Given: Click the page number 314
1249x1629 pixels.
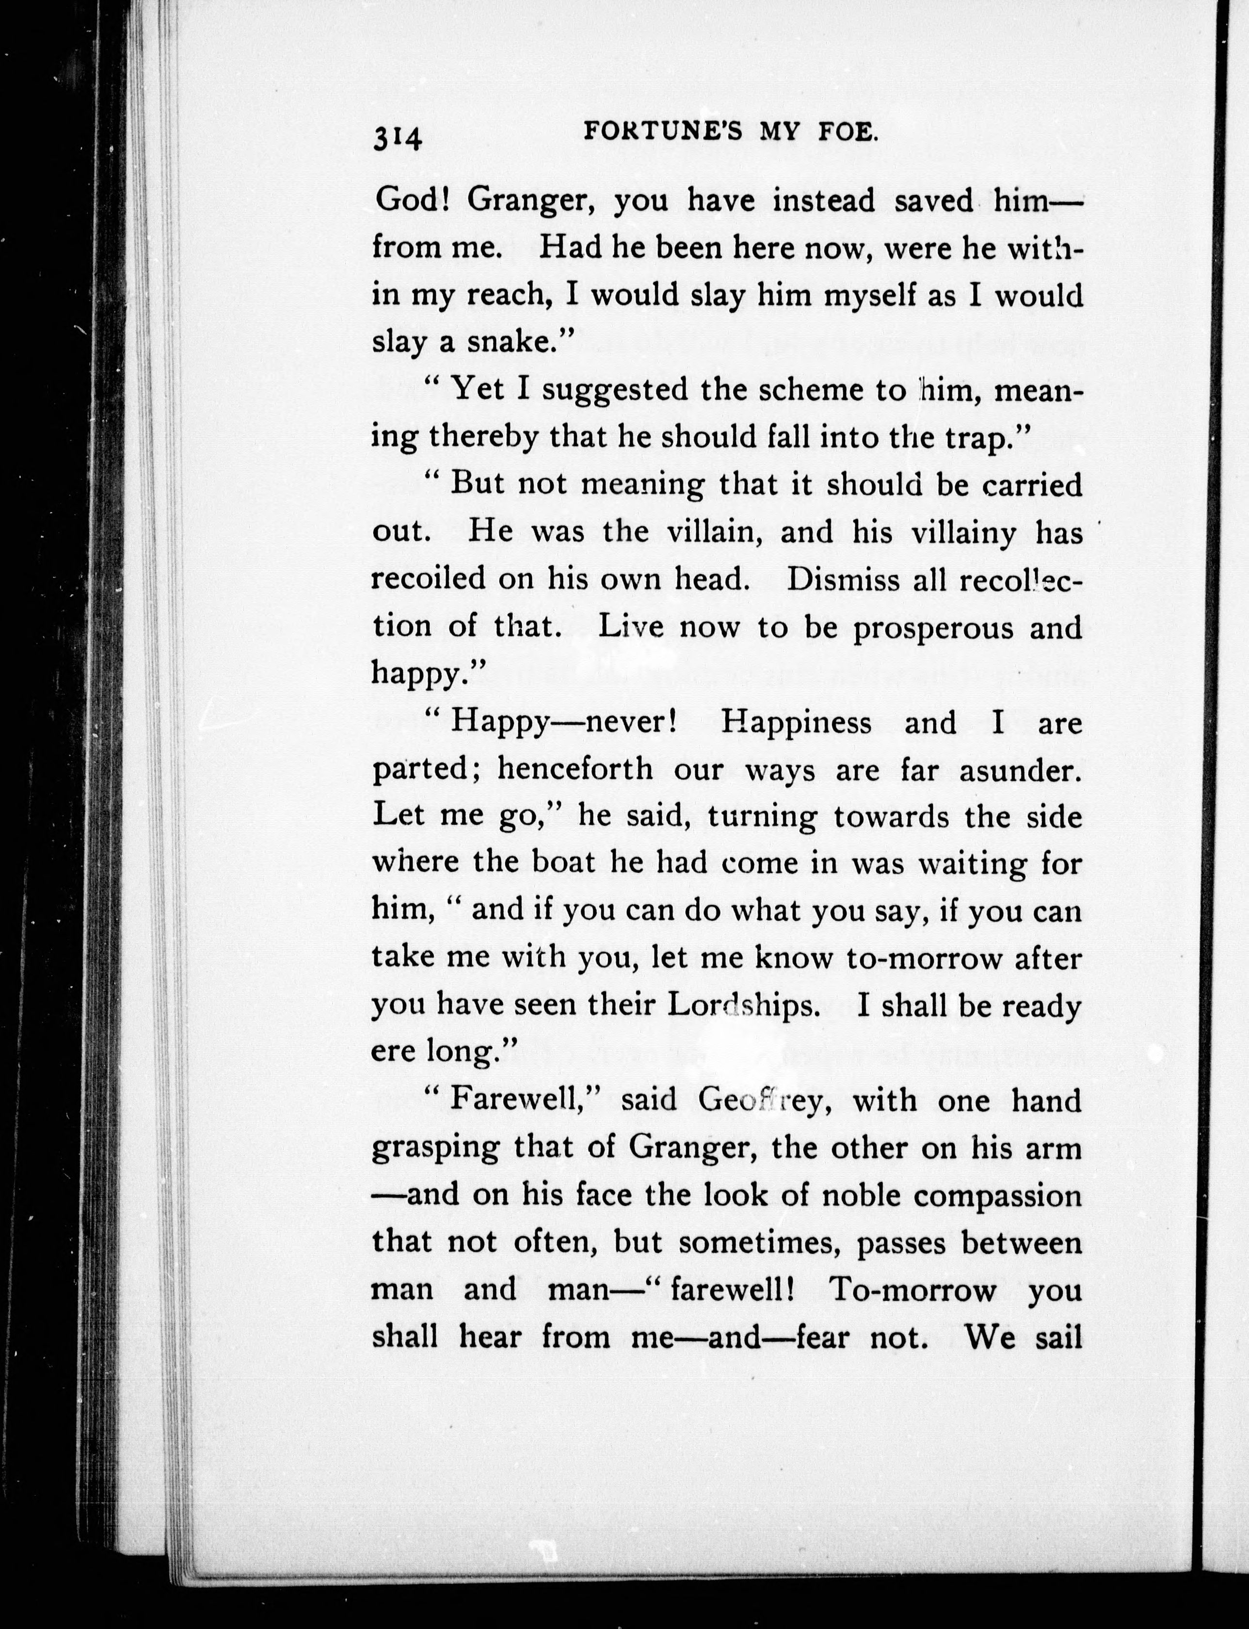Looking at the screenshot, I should coord(398,138).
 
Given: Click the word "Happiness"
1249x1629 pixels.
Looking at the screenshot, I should coord(796,722).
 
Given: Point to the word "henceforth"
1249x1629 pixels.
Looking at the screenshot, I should coord(575,769).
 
